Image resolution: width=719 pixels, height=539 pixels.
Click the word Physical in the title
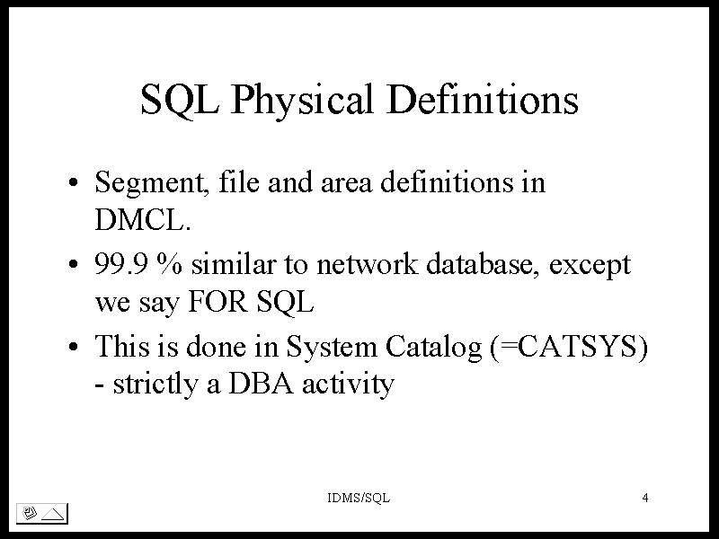(302, 101)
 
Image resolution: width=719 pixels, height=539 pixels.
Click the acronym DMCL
(143, 220)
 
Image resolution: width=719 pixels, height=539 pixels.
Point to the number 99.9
(121, 264)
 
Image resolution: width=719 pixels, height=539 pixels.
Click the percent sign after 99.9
(169, 264)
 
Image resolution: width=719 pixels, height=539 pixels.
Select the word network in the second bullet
(368, 264)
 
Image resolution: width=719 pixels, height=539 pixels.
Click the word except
(590, 267)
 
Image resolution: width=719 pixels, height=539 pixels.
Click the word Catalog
(433, 348)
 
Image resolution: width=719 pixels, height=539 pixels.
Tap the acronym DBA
(260, 384)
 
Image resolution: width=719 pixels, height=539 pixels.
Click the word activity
(348, 385)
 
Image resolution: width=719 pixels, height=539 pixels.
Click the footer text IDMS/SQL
(359, 498)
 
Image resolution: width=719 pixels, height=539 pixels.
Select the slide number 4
(645, 498)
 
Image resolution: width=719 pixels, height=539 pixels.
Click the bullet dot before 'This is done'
(74, 347)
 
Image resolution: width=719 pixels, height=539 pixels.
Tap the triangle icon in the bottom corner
(53, 514)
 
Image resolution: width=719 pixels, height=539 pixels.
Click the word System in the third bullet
(331, 348)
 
